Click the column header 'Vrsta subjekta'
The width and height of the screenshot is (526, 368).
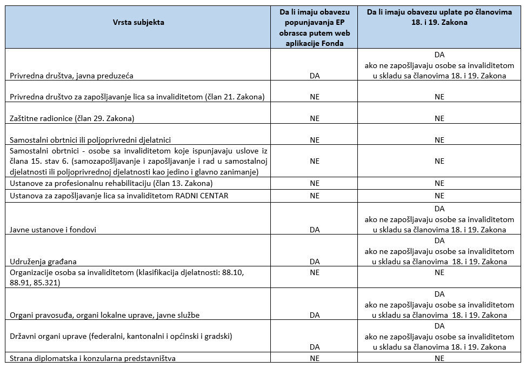click(139, 22)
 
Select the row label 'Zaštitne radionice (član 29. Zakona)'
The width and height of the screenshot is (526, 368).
click(72, 118)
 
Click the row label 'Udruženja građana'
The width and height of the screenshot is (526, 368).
click(43, 262)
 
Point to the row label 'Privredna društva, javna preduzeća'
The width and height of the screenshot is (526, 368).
click(71, 76)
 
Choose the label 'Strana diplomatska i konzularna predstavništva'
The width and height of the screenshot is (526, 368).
click(92, 358)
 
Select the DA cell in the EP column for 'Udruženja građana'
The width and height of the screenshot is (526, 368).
click(314, 262)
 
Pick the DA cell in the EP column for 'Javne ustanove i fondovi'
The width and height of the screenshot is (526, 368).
click(314, 230)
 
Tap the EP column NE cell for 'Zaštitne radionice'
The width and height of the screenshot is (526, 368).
click(314, 118)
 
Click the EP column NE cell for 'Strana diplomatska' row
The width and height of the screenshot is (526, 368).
click(314, 358)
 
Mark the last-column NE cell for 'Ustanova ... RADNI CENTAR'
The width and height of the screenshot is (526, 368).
click(439, 196)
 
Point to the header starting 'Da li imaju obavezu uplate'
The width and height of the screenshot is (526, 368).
click(439, 17)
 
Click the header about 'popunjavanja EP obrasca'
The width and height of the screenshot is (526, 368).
click(314, 28)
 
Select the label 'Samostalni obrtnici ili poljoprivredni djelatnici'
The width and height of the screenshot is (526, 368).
click(90, 140)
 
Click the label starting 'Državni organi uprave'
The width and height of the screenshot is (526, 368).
click(121, 336)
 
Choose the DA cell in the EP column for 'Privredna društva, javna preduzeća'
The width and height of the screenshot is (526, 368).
click(314, 76)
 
